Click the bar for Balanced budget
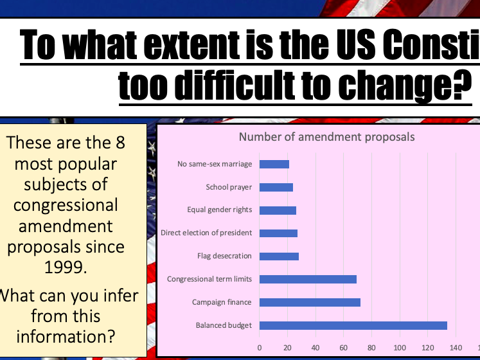tap(353, 325)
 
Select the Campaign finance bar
tap(310, 302)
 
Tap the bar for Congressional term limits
tap(308, 279)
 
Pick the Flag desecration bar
tap(279, 256)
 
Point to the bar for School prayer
tap(276, 187)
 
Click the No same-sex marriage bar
tap(274, 164)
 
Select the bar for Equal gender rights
tap(278, 210)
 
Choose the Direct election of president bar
tap(278, 233)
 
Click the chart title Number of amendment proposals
tap(326, 136)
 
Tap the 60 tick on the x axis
tap(343, 348)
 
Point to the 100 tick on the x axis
tap(399, 348)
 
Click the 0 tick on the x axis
tap(260, 348)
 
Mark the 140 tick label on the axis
tap(455, 348)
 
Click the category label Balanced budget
tap(224, 325)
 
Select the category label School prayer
tap(229, 187)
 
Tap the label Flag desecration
tap(224, 256)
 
